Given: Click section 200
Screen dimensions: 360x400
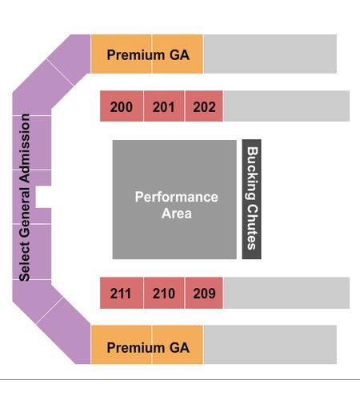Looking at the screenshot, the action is click(122, 106).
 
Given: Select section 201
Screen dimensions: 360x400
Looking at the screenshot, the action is click(164, 106).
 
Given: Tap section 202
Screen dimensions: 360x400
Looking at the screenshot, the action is click(204, 106).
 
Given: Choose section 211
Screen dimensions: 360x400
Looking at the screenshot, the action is click(122, 293).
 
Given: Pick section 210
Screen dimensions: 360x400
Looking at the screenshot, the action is click(164, 293).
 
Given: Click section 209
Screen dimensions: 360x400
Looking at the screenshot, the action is click(204, 293).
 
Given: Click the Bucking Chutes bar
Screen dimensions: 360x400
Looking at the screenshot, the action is click(251, 199).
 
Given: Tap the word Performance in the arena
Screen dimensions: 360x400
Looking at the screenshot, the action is click(176, 197).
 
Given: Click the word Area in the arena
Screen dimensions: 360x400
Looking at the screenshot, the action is click(176, 214).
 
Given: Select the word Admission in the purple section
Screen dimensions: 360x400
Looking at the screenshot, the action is click(25, 148).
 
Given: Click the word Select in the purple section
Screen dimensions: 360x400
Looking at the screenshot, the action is click(25, 262).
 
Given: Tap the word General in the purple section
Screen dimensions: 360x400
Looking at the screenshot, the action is click(25, 213).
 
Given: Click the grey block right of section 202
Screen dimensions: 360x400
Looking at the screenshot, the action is click(286, 106).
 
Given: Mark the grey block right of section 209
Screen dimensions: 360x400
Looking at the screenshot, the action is click(286, 293).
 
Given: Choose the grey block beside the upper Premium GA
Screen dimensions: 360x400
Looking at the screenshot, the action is click(270, 54).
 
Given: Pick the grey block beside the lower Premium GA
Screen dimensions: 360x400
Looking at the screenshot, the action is click(270, 345).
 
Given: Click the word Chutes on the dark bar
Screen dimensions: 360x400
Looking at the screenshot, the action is click(252, 227).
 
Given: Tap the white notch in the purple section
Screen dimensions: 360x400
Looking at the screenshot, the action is click(43, 197).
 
